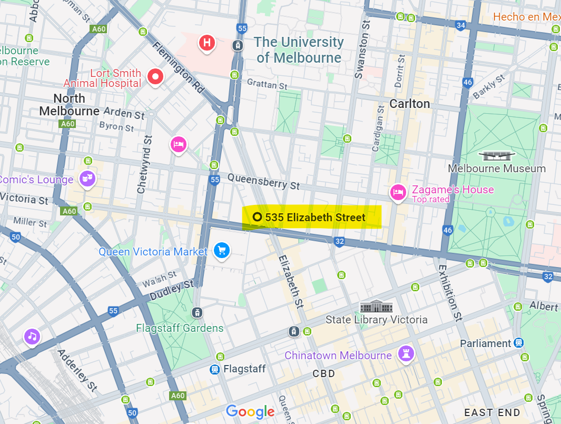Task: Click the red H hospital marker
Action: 207,43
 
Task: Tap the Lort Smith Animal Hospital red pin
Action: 155,77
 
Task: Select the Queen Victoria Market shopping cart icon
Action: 221,250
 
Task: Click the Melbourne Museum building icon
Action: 497,155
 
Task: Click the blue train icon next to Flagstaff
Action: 215,369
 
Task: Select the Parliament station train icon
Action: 519,343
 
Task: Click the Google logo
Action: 250,411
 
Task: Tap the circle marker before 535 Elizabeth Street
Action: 258,217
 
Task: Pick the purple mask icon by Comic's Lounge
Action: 87,179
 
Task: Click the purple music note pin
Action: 32,336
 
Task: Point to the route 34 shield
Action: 461,25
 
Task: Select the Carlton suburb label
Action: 409,104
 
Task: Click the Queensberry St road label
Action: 263,182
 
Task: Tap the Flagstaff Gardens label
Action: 180,328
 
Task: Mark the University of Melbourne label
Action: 299,50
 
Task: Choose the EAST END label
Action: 492,412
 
